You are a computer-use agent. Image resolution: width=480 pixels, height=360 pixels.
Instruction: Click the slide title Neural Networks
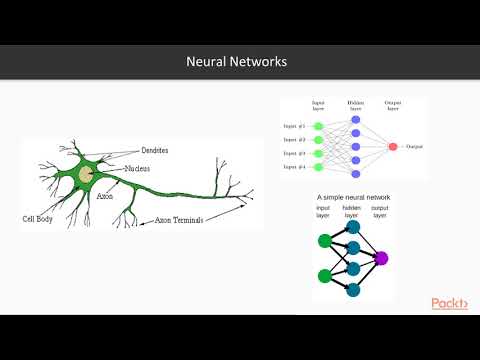point(237,62)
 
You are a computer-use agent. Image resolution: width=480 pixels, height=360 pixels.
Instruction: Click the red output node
point(391,147)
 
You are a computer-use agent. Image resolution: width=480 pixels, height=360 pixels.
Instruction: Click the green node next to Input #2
point(319,140)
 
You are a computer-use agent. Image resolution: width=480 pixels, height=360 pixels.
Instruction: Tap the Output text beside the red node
point(415,147)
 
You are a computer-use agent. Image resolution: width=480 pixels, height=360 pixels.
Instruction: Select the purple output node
point(380,258)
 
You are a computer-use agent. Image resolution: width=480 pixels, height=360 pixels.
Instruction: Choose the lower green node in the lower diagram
point(325,275)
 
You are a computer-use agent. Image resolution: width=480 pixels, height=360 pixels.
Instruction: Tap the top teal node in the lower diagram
point(353,227)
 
